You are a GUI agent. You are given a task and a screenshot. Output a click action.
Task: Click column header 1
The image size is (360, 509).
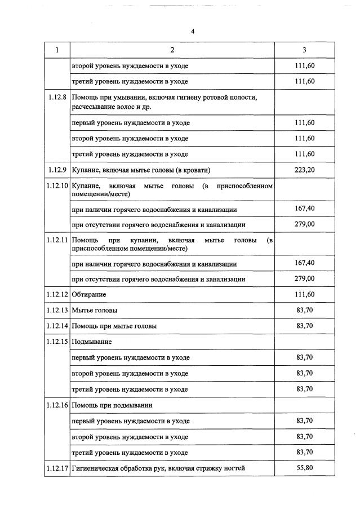(57, 50)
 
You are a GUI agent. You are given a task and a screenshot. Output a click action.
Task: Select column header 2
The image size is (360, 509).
(172, 50)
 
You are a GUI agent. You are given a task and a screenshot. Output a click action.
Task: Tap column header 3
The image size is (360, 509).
(304, 50)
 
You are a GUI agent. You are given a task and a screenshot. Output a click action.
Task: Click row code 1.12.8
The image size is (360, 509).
(57, 98)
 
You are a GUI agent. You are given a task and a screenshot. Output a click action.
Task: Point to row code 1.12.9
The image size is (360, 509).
(57, 170)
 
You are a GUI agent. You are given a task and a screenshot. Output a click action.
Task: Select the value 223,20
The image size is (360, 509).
(304, 170)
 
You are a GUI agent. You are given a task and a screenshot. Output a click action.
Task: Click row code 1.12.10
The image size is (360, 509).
(57, 185)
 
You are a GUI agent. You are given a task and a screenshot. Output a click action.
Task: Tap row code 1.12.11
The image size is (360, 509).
(57, 240)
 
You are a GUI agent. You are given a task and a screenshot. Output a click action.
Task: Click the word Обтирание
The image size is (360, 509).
(89, 294)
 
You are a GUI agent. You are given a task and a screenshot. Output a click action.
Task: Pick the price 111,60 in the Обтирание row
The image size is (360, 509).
(304, 294)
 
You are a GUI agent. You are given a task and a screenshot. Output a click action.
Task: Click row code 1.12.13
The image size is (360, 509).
(57, 310)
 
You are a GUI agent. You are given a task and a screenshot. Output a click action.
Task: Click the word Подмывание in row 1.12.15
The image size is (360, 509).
(92, 342)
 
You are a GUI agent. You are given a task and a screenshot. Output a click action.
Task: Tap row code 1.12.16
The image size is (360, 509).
(57, 405)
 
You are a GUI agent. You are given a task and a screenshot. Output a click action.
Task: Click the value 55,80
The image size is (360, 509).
(304, 467)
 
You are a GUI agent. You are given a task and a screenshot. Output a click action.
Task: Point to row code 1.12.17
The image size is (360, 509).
(57, 468)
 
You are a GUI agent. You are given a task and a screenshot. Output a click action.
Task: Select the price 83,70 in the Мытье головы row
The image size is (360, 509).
(304, 310)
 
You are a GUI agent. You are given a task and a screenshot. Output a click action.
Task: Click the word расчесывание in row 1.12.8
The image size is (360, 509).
(93, 106)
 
